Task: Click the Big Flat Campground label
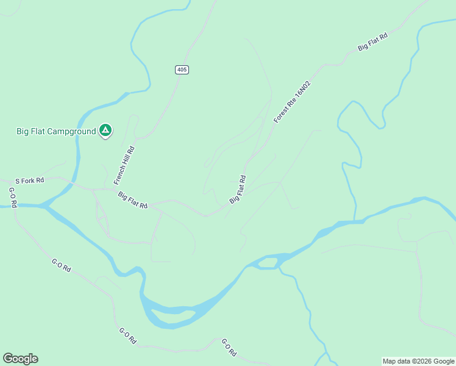click(x=56, y=131)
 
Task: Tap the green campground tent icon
click(x=105, y=130)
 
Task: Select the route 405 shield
click(x=182, y=70)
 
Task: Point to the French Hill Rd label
click(x=124, y=165)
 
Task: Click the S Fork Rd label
click(x=30, y=181)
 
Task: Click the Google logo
click(x=20, y=359)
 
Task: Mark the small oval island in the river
click(x=268, y=263)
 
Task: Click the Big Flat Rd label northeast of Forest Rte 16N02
click(x=372, y=42)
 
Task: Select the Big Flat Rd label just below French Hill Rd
click(x=133, y=200)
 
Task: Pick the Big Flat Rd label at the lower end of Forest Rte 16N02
click(x=238, y=190)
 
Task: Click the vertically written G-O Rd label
click(x=13, y=197)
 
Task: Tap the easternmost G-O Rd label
click(x=229, y=348)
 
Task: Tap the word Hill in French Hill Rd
click(x=124, y=165)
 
